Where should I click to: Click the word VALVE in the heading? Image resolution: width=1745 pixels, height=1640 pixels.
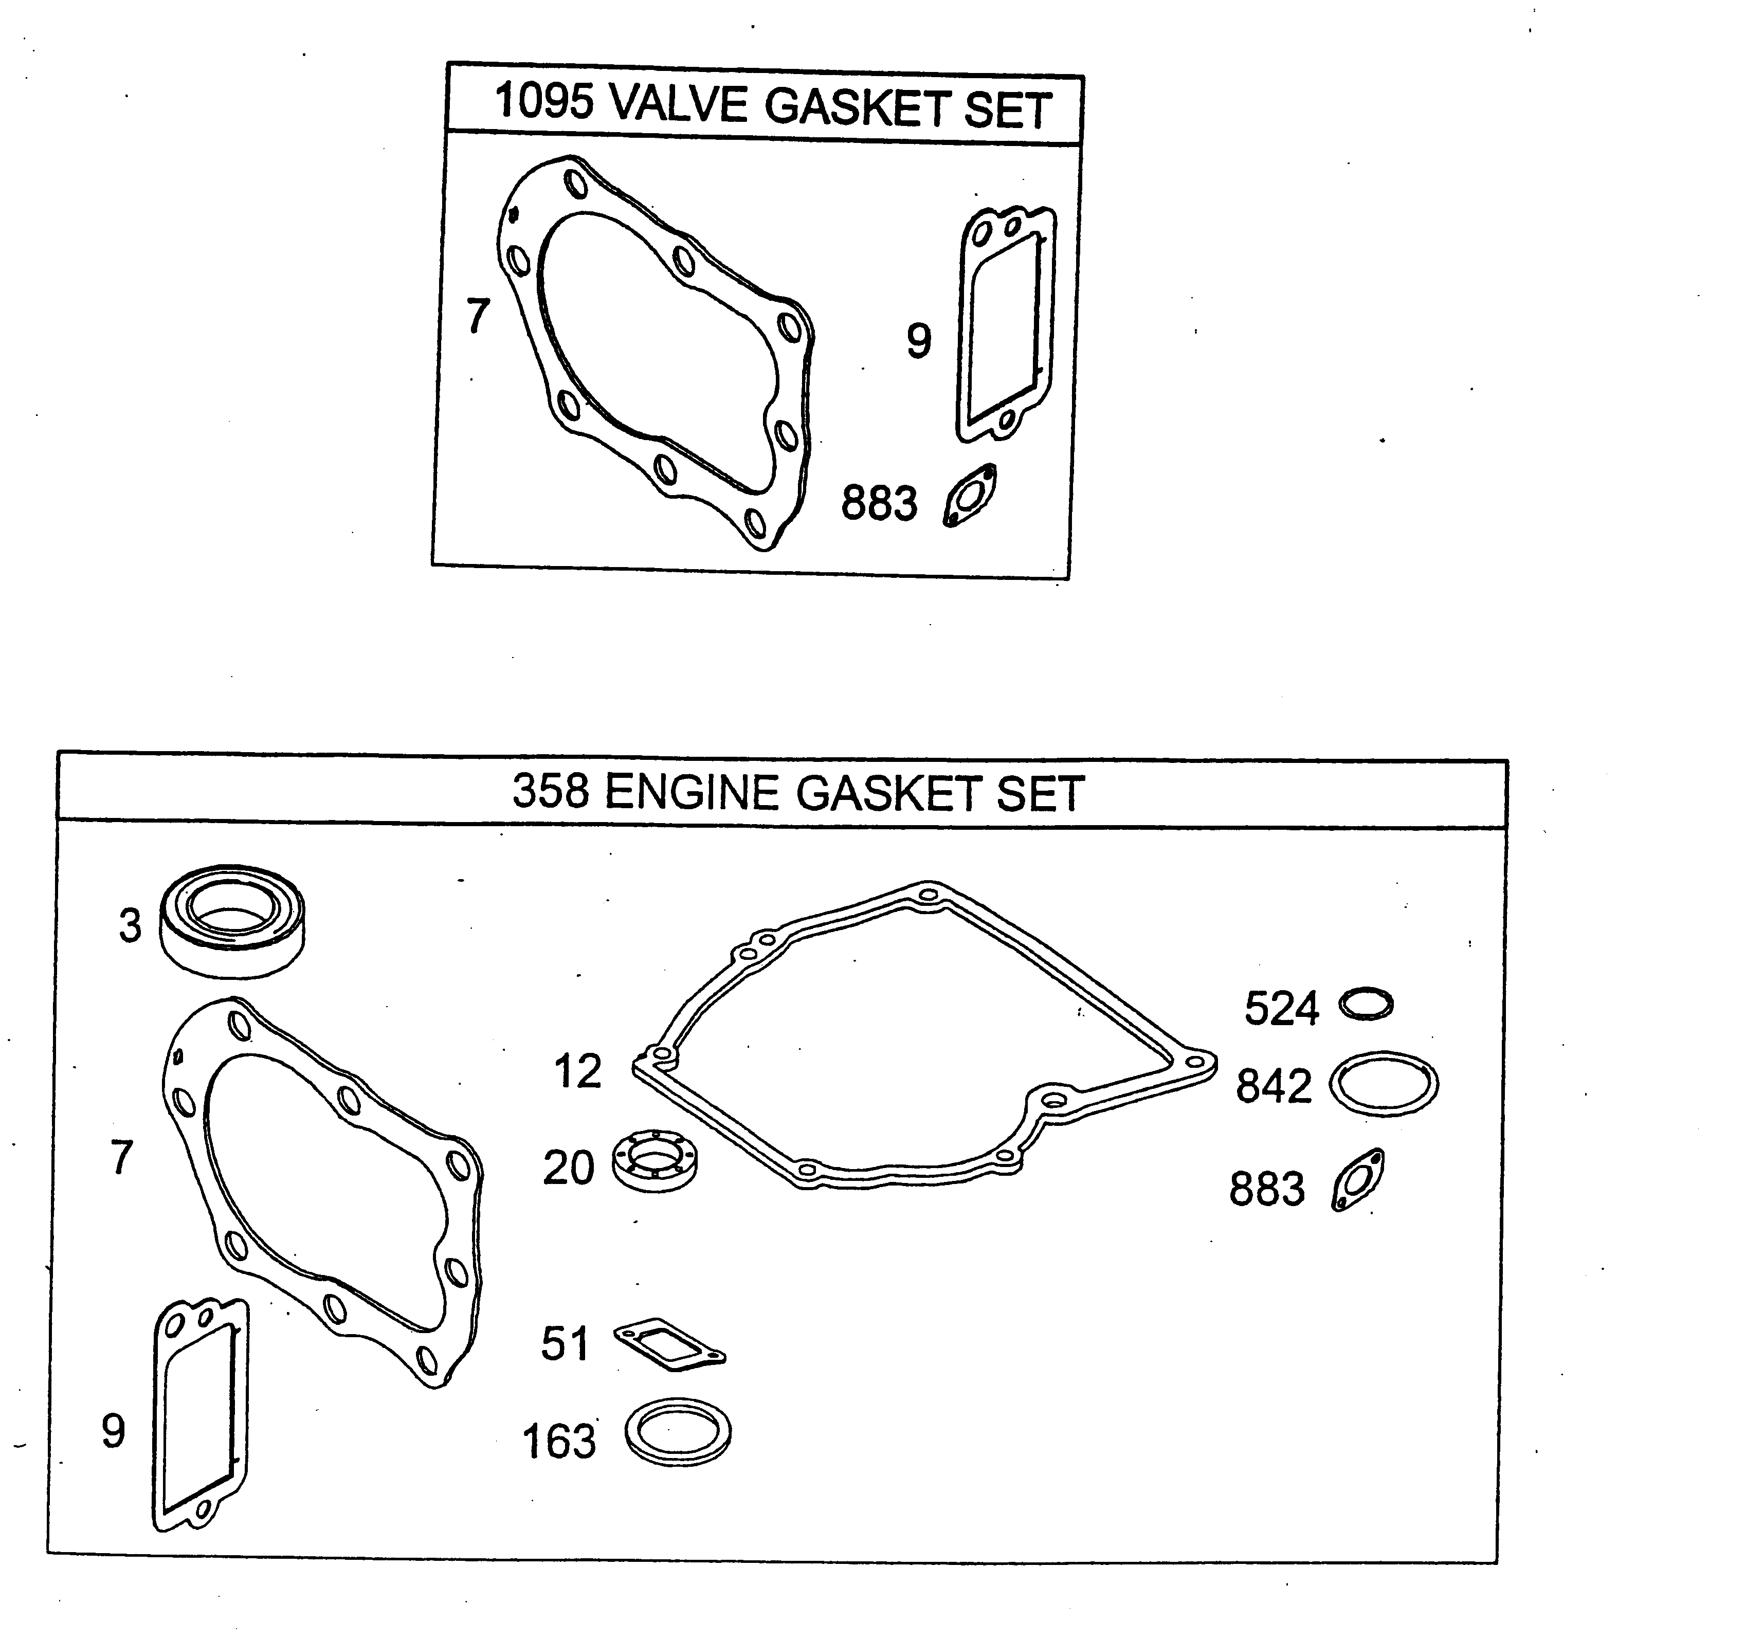pos(678,104)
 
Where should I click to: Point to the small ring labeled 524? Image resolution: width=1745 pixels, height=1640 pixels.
pos(1366,1004)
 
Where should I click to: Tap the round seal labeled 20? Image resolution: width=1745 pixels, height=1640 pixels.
pos(655,1160)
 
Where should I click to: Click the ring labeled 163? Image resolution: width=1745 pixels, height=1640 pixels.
pos(678,1432)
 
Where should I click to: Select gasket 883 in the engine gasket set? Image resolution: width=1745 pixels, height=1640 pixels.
pos(1358,1180)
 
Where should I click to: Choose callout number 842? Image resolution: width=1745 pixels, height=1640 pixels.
pos(1273,1086)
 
